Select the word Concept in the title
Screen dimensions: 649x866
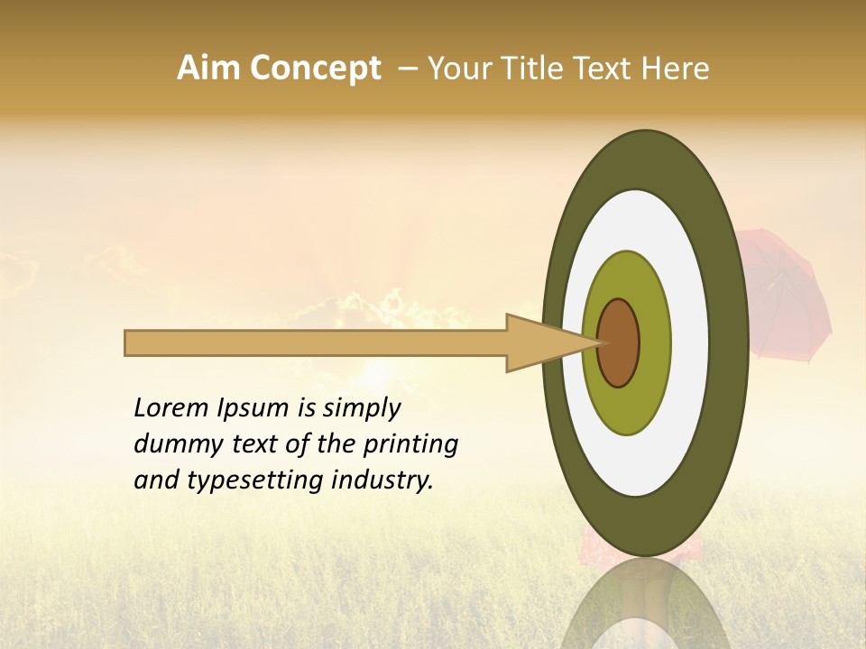pos(315,69)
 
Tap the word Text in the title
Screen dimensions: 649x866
pos(601,69)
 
